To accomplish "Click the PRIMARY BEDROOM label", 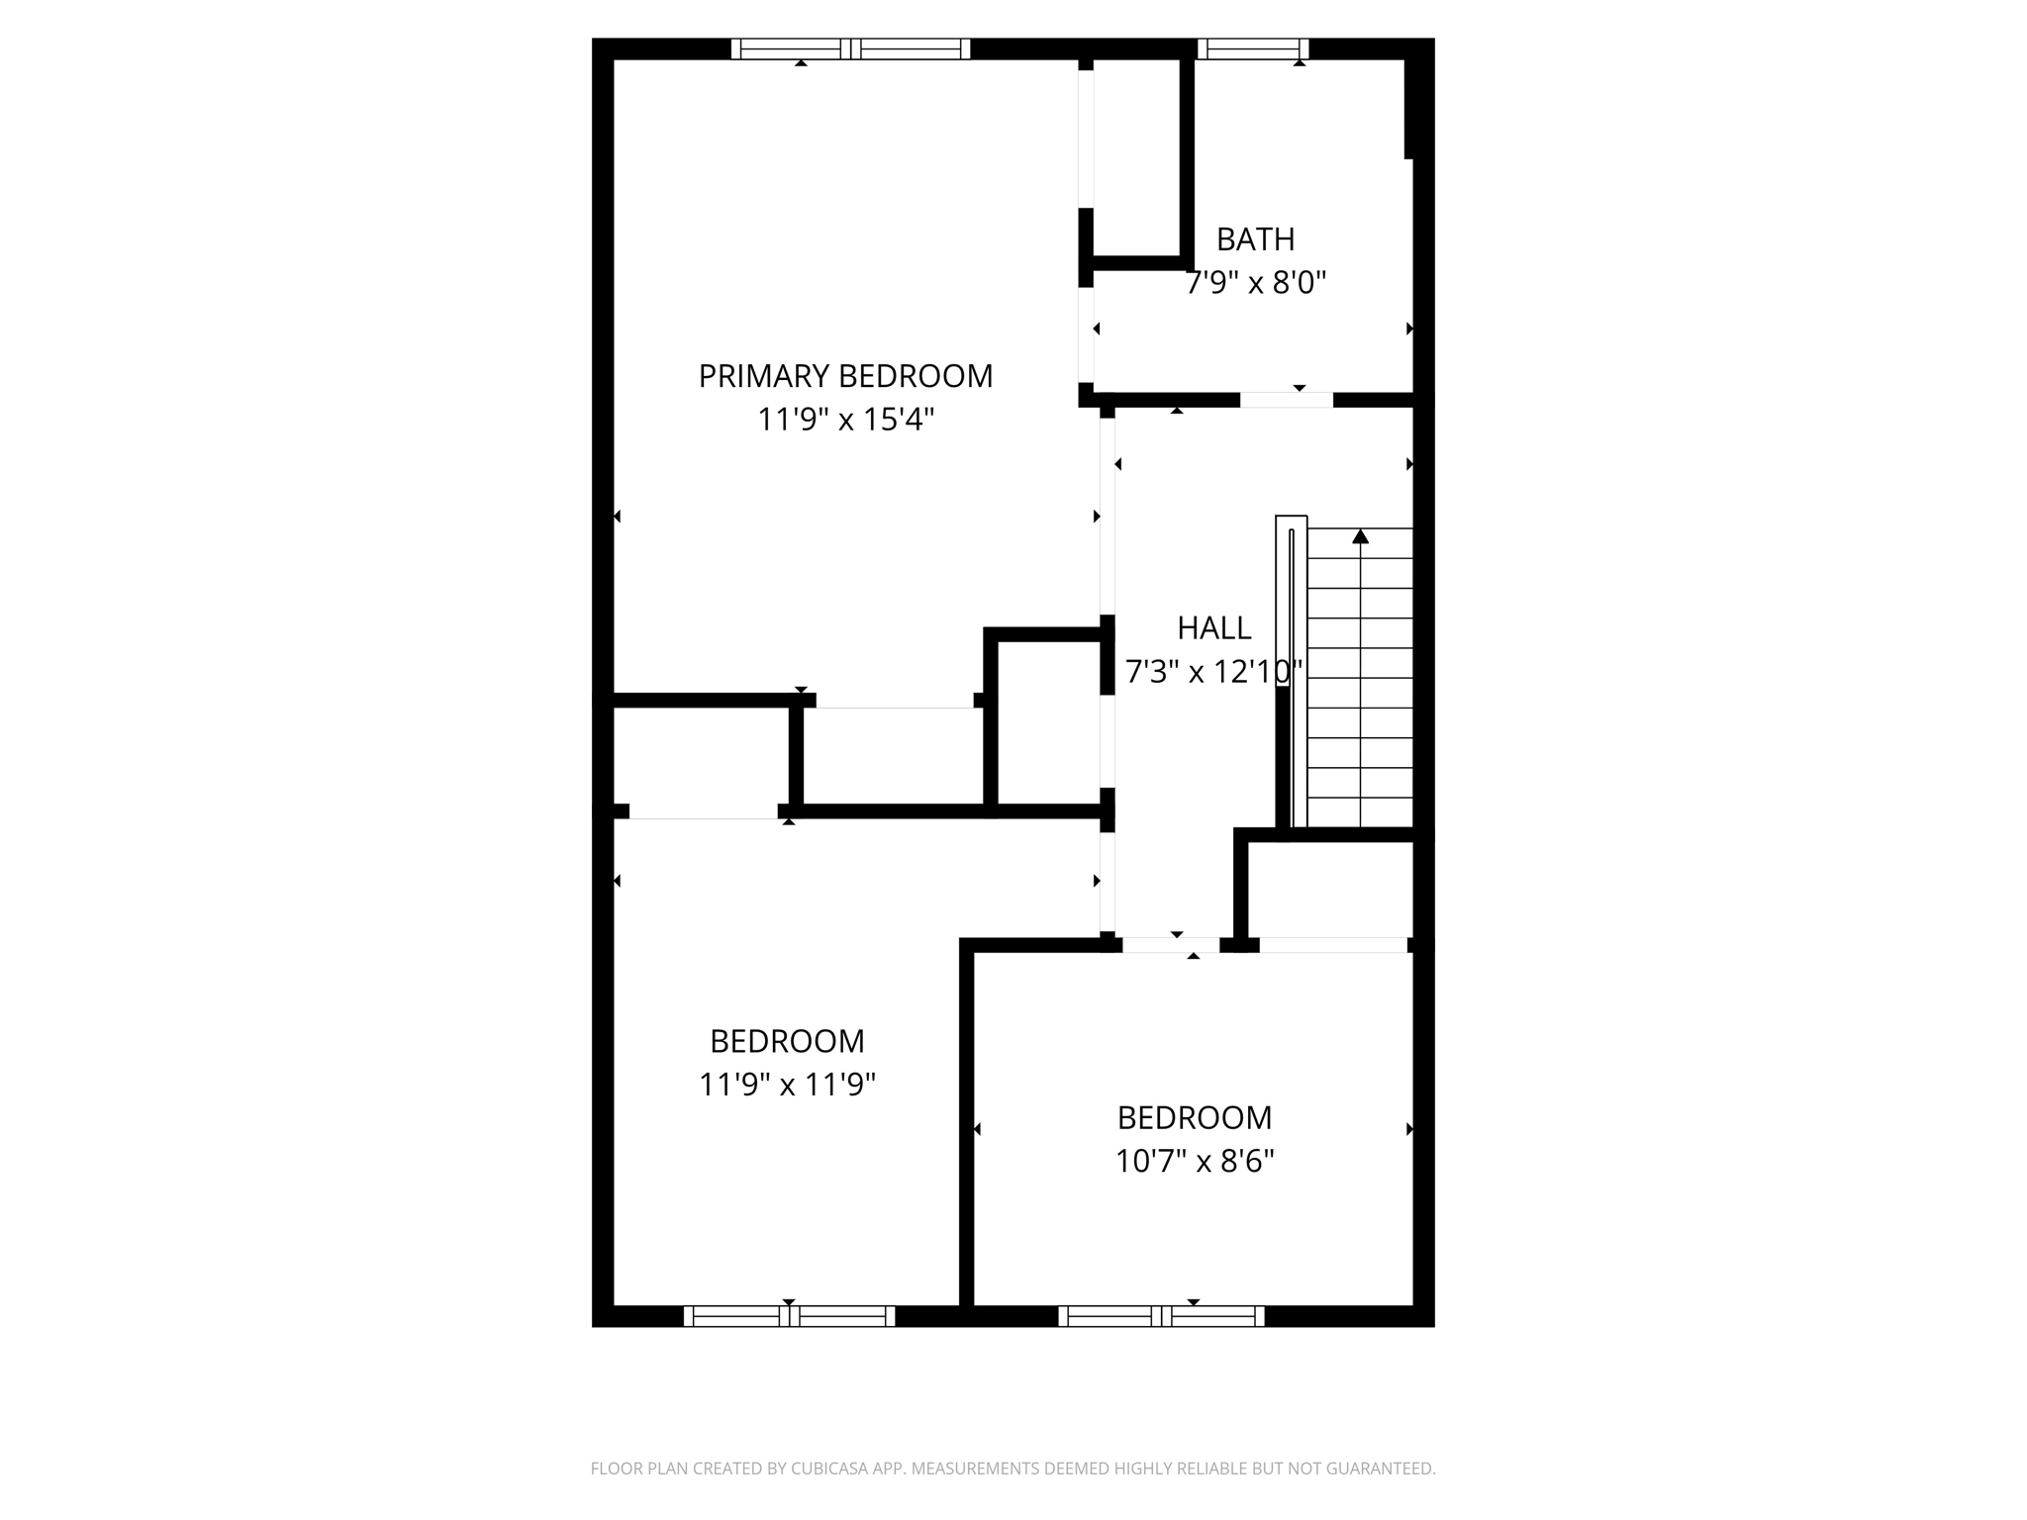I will tap(845, 376).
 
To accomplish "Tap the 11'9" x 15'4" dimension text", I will tap(845, 420).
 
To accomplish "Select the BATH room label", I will tap(1255, 239).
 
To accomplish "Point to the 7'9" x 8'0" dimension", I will tap(1255, 284).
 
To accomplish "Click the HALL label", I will tap(1213, 628).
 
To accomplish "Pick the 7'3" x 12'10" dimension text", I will tap(1213, 673).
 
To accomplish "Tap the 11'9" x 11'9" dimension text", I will tap(787, 1086).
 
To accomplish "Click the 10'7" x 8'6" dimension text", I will tap(1194, 1161).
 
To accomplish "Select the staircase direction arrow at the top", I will tap(1360, 536).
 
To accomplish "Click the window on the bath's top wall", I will tap(1253, 48).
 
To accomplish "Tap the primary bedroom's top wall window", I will tap(850, 48).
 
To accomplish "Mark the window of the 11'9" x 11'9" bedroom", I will tap(789, 1316).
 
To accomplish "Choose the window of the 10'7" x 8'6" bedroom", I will tap(1161, 1316).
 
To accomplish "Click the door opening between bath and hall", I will tap(1287, 400).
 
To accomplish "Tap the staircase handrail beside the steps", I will tap(1291, 673).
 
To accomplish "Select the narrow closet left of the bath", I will tap(1136, 158).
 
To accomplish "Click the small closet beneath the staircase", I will tap(1328, 889).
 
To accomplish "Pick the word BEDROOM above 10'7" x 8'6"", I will tap(1194, 1117).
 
